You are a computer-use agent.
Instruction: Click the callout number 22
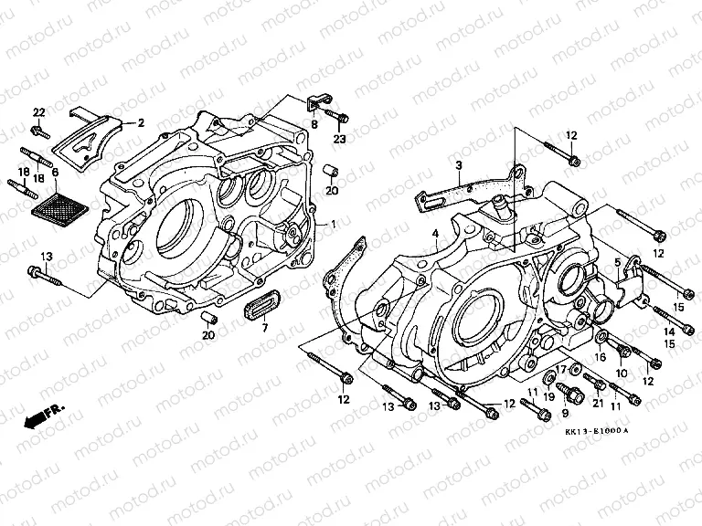pos(38,112)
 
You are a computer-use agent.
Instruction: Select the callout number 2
pos(142,121)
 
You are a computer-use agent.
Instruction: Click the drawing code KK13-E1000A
pos(597,430)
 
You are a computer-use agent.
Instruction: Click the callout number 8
pos(313,124)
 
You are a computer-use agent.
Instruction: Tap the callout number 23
pos(340,139)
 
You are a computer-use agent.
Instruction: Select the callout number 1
pos(334,223)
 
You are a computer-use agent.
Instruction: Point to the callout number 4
pos(436,234)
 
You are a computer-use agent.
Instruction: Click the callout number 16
pos(601,358)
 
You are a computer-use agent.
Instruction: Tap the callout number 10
pos(622,373)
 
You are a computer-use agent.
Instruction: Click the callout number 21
pos(599,404)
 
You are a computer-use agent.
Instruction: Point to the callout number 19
pos(549,396)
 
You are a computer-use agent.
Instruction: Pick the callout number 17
pos(561,369)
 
